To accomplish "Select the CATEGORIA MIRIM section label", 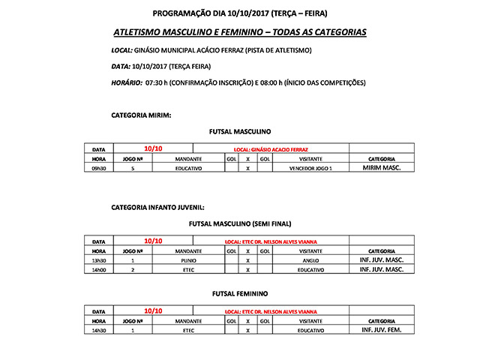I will pyautogui.click(x=141, y=115).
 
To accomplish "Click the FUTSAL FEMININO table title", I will pyautogui.click(x=240, y=293).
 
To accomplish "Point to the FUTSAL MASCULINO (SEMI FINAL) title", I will pyautogui.click(x=240, y=223).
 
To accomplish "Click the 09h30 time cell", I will pyautogui.click(x=98, y=169).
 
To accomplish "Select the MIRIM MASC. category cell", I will pyautogui.click(x=381, y=169).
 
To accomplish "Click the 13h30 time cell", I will pyautogui.click(x=98, y=259).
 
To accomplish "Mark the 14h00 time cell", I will pyautogui.click(x=98, y=268).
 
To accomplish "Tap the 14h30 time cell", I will pyautogui.click(x=98, y=329).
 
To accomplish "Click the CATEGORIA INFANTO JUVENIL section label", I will pyautogui.click(x=157, y=206).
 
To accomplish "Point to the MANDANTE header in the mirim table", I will pyautogui.click(x=188, y=159).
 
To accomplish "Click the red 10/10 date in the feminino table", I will pyautogui.click(x=152, y=310).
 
